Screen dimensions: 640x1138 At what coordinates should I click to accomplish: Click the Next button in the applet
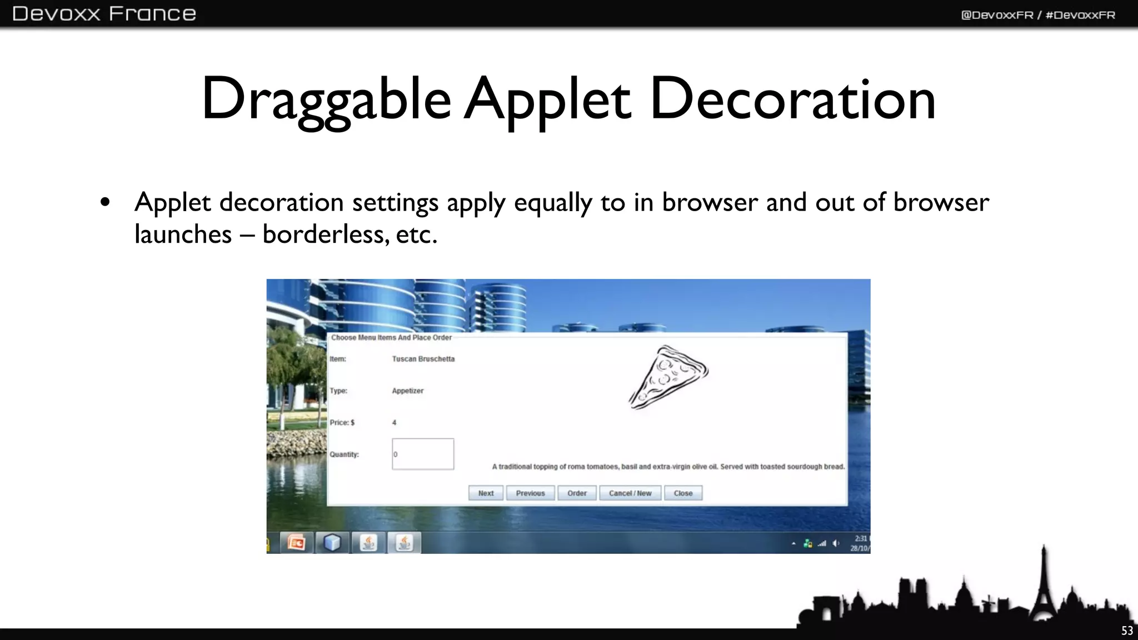(x=486, y=493)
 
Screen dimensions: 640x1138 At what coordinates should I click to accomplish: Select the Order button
(x=577, y=493)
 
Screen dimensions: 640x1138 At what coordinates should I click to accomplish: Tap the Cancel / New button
(x=630, y=493)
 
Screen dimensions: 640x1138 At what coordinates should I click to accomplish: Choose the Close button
(x=683, y=493)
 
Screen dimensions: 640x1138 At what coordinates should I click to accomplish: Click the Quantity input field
(x=423, y=454)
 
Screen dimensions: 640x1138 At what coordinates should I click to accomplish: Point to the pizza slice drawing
(x=668, y=377)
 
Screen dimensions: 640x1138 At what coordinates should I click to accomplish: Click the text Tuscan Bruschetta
(x=423, y=359)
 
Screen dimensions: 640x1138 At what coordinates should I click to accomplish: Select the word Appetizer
(x=407, y=391)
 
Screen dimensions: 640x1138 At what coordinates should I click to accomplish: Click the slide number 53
(x=1127, y=631)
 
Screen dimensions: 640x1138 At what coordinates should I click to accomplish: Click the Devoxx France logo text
(x=104, y=13)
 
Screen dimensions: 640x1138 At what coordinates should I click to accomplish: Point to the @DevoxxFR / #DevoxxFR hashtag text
(x=1038, y=15)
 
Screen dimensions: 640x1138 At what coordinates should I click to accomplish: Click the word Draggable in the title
(x=326, y=100)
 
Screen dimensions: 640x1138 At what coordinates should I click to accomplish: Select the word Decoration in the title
(x=792, y=100)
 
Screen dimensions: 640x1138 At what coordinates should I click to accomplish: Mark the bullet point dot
(x=105, y=203)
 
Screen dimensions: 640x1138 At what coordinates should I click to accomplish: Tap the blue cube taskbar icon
(x=332, y=542)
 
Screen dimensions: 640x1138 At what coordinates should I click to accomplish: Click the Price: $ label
(x=342, y=423)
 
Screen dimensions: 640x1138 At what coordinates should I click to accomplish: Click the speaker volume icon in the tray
(x=836, y=543)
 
